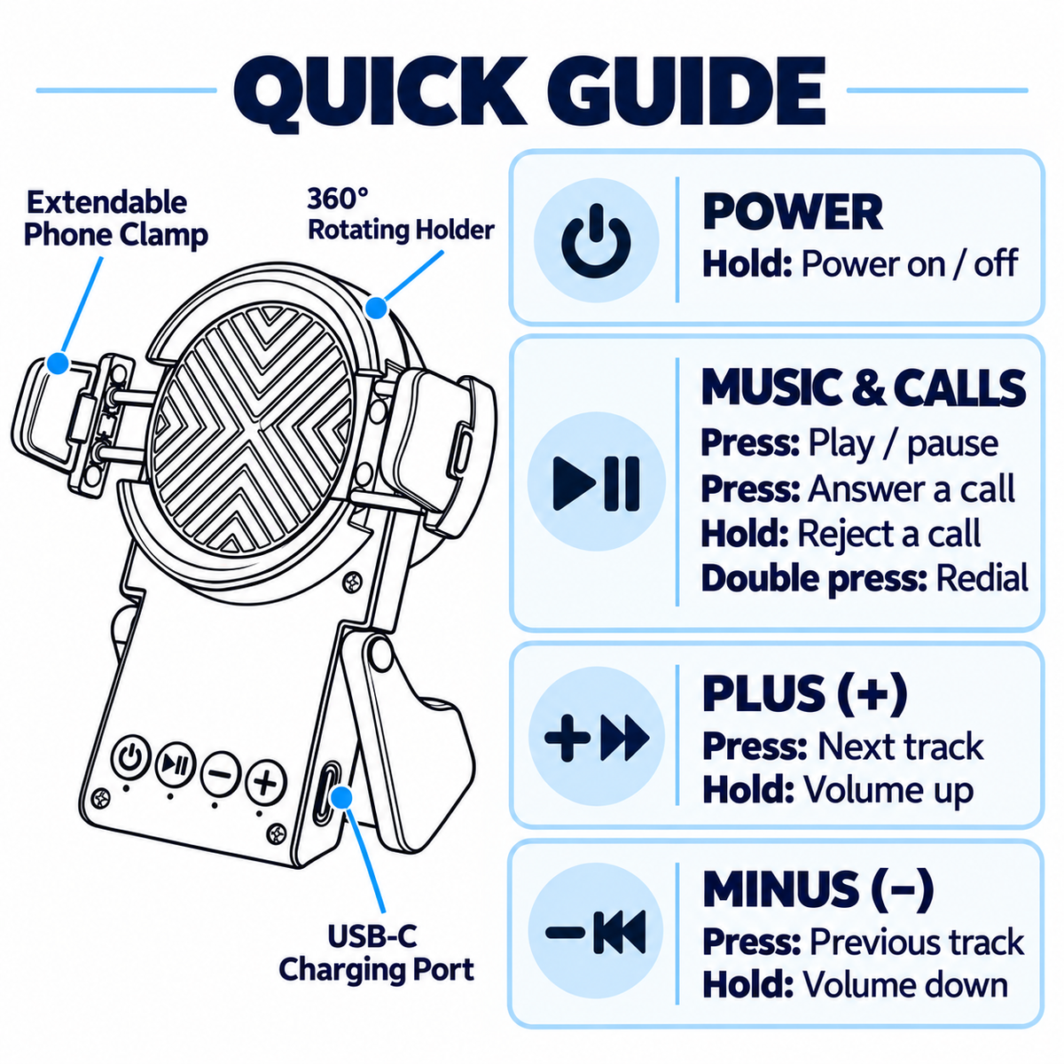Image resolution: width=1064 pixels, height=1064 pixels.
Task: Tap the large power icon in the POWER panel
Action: (x=595, y=241)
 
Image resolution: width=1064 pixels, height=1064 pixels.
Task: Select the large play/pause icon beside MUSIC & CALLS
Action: (x=596, y=483)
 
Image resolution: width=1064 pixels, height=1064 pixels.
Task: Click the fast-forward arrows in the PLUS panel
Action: (x=624, y=738)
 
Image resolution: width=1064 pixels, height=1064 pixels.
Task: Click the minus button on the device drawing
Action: (x=220, y=773)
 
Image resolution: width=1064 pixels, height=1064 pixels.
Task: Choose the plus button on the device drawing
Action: (x=266, y=782)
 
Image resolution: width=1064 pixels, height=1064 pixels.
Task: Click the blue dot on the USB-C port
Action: (x=342, y=798)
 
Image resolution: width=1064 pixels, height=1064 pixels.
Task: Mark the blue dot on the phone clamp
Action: (x=58, y=364)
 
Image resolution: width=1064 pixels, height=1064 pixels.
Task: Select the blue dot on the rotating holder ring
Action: (x=377, y=307)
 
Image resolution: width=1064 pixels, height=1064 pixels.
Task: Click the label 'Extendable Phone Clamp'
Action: (x=116, y=218)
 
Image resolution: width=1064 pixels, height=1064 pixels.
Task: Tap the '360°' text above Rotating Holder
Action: (x=337, y=199)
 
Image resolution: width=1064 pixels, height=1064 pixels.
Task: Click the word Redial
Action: (x=982, y=578)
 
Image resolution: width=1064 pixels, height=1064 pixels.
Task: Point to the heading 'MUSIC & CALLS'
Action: (x=864, y=387)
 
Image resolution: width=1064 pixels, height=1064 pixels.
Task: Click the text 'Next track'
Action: (x=901, y=747)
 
